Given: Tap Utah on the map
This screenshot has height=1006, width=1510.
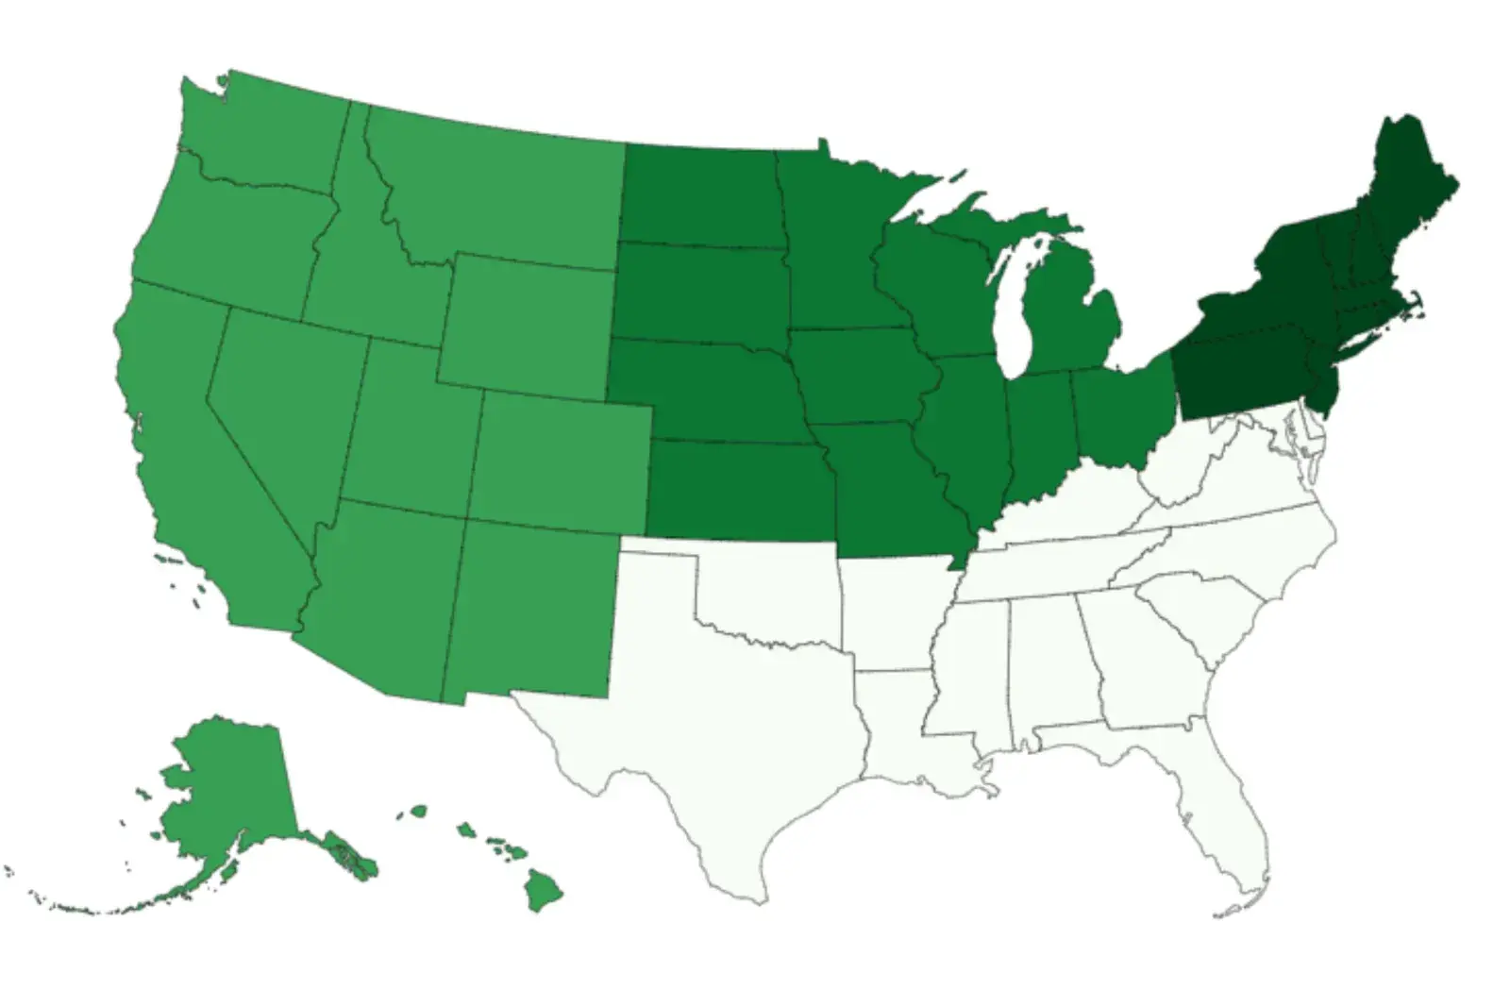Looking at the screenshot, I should tap(411, 425).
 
